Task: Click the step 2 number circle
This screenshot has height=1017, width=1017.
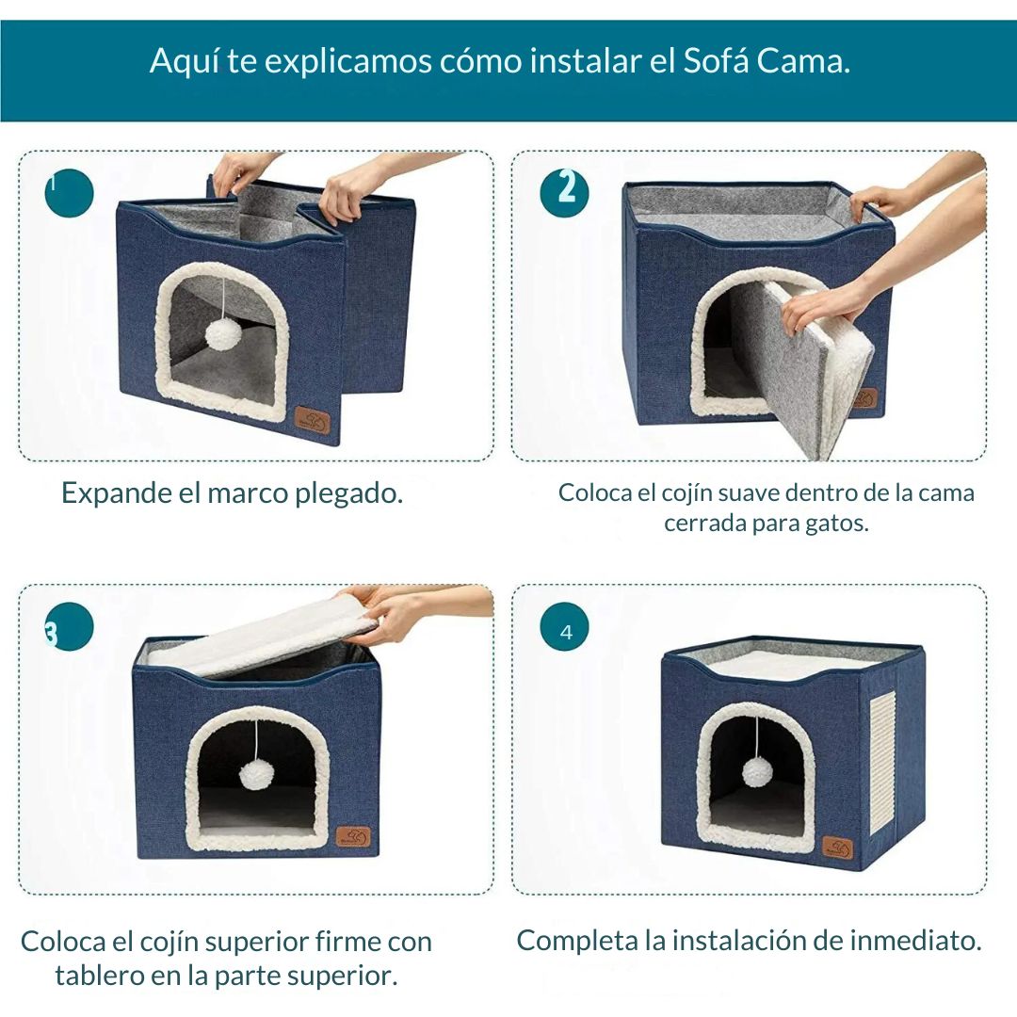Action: point(565,193)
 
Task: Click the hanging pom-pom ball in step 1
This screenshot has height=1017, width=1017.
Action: point(223,332)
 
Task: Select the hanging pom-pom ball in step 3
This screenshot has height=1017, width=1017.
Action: point(255,774)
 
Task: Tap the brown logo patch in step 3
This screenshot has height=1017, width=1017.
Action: point(355,836)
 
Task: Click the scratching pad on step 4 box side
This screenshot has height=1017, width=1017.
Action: point(881,761)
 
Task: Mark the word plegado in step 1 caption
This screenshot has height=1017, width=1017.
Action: point(348,492)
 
